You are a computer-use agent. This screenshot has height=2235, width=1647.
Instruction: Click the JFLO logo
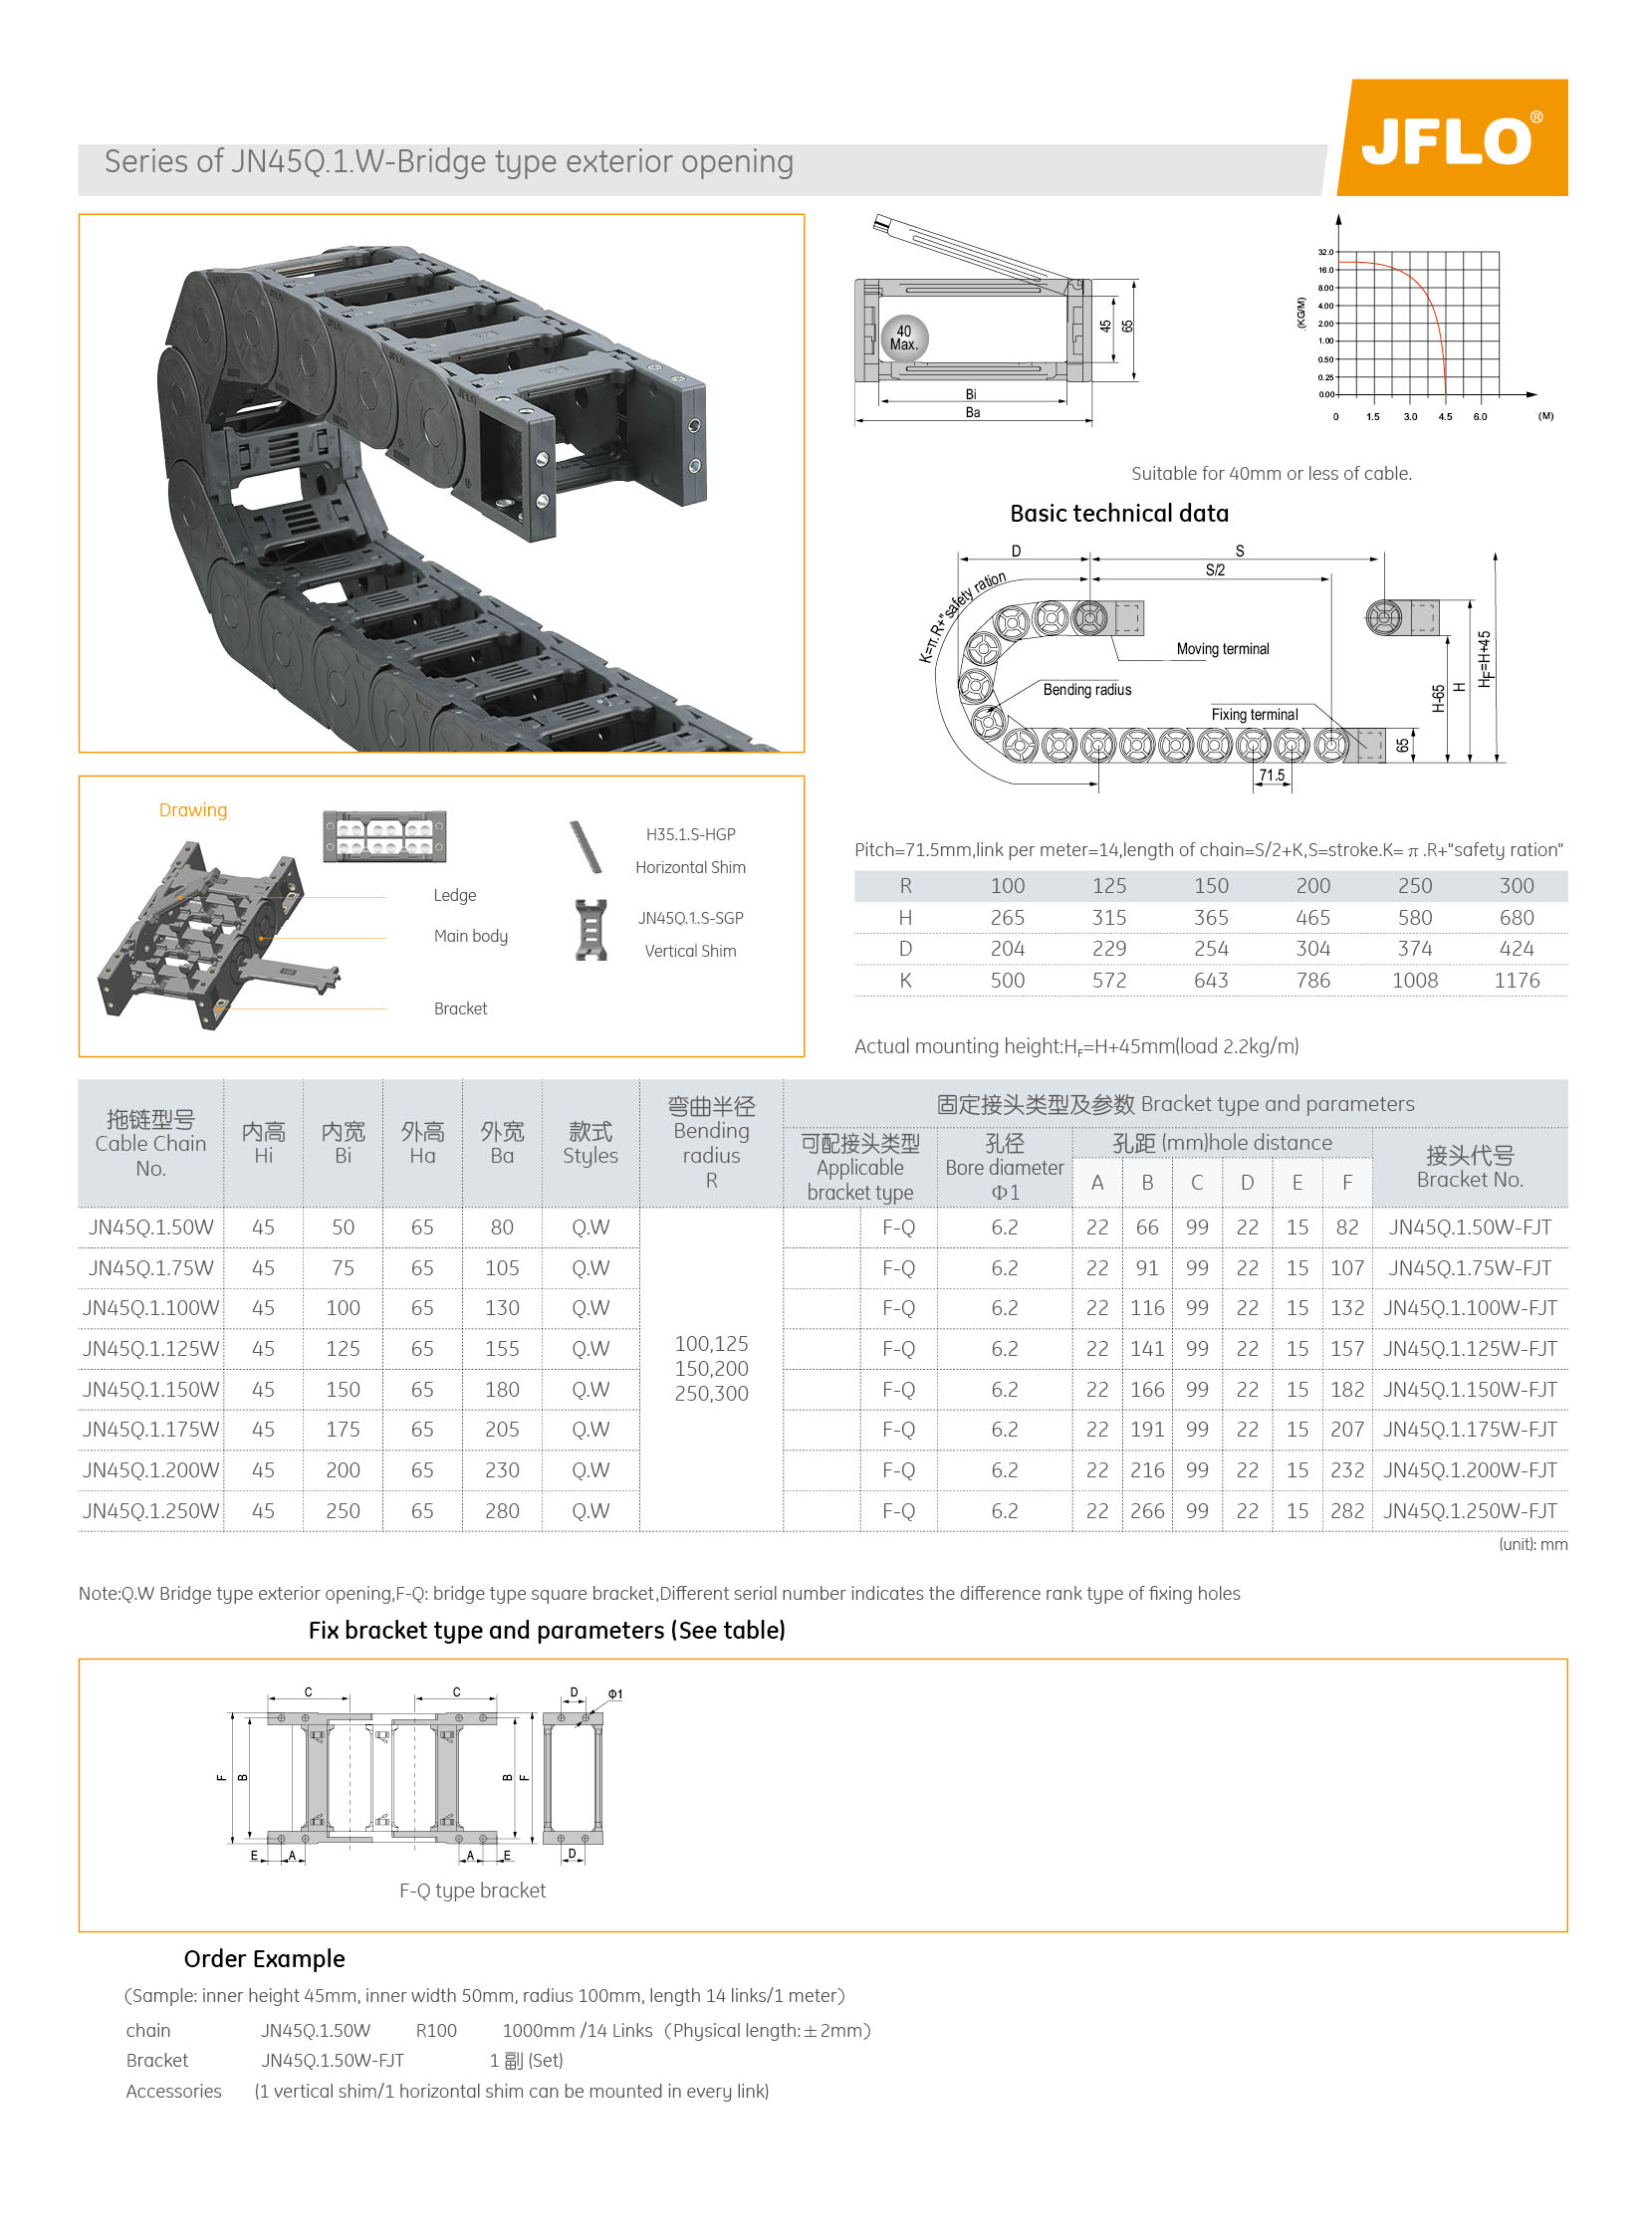1451,138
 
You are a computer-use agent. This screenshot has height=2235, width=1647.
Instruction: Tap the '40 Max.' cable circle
903,337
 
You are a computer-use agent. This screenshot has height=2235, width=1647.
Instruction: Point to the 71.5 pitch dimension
1272,776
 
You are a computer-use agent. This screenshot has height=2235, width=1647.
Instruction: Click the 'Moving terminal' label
1222,649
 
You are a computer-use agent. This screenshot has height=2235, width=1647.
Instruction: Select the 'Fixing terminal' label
1255,715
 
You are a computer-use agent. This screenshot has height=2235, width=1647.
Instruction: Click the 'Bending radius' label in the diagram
1086,690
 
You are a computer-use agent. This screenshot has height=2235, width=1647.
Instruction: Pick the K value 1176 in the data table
1516,980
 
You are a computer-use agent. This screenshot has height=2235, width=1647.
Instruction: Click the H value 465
1312,917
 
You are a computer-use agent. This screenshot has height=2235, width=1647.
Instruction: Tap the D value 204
1007,949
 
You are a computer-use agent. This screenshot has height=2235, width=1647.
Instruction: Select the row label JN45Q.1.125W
150,1349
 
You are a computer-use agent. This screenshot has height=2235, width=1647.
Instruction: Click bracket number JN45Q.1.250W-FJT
1470,1511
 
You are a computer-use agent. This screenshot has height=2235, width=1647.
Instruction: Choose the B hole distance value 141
1146,1349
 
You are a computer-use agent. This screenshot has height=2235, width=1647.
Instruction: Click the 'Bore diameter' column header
1004,1168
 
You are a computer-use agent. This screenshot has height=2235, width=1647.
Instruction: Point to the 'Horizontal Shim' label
690,867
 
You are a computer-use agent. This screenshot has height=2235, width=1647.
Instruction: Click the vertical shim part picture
591,930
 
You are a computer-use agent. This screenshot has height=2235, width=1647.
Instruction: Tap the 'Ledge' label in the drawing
455,895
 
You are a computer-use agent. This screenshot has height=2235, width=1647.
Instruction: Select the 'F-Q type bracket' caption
473,1891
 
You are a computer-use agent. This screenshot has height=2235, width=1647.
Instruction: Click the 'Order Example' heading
264,1959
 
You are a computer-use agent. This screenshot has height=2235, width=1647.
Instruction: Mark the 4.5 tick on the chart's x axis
1445,417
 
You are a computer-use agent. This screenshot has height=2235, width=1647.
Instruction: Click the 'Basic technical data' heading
1118,514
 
